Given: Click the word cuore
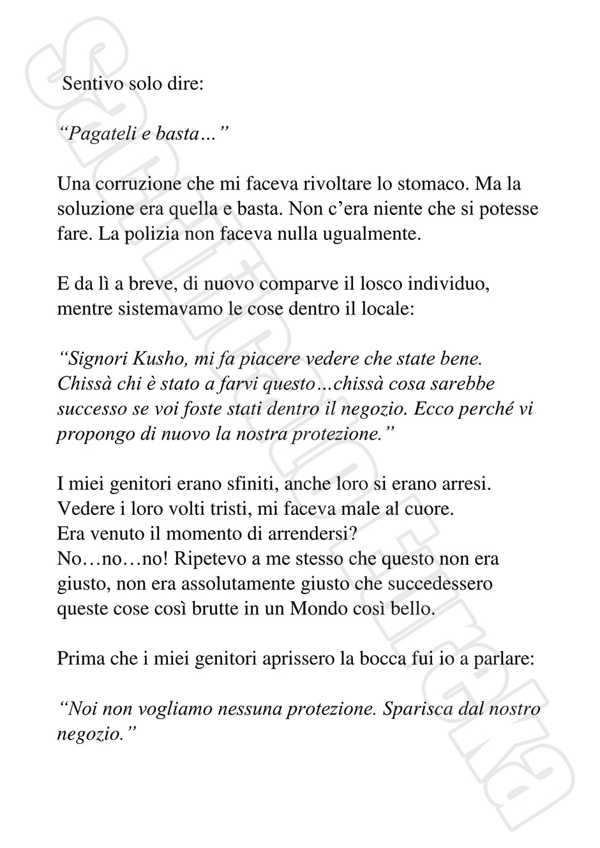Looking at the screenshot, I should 435,509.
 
